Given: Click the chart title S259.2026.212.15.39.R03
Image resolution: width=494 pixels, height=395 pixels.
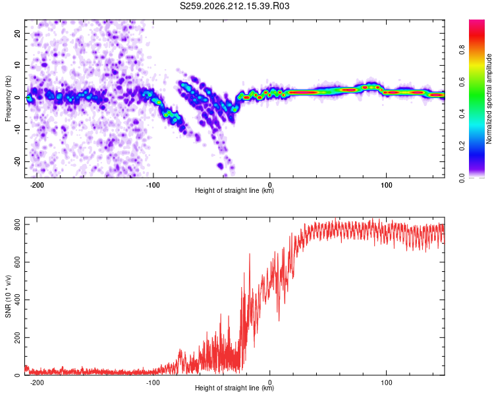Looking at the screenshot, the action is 234,6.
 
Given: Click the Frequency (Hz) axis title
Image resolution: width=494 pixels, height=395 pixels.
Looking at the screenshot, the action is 8,99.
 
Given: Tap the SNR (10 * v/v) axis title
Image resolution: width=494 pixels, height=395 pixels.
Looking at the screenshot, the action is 8,296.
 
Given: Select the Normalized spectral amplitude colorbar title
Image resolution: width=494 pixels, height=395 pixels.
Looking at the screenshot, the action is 489,99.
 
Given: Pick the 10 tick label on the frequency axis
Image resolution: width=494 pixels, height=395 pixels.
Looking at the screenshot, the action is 17,65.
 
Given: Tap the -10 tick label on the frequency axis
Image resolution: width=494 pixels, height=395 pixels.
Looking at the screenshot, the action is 17,130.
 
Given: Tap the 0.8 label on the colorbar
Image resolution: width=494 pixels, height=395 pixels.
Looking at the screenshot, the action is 462,50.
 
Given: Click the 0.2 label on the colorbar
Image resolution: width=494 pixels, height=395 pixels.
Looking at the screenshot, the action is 462,145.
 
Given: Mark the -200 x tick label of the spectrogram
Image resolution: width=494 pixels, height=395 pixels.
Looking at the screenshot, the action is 36,185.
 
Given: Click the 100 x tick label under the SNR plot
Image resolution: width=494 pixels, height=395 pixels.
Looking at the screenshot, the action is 386,382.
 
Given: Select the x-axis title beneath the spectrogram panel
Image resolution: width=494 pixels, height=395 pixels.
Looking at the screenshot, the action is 234,190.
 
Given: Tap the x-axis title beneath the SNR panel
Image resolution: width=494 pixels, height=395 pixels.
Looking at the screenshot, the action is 234,388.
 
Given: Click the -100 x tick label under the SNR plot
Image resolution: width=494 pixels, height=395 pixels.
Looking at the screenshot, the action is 153,382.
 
